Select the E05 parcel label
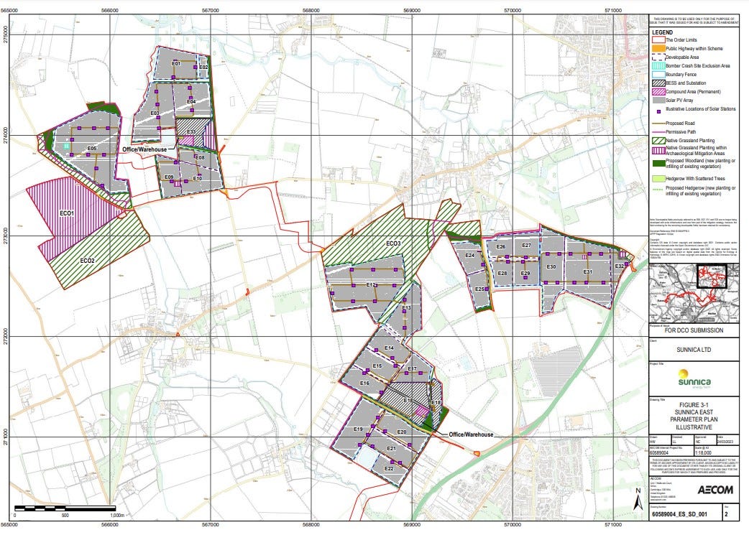click(x=92, y=149)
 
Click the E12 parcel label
click(x=372, y=285)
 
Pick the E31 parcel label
click(x=587, y=272)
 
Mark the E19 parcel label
click(x=358, y=429)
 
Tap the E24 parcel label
click(x=469, y=256)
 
